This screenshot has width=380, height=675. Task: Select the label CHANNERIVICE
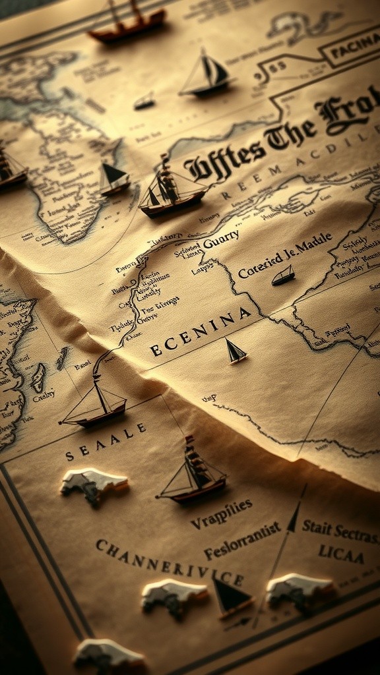168,562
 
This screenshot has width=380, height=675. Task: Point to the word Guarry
221,242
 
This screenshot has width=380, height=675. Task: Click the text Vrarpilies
222,514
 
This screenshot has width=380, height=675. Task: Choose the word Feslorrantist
241,542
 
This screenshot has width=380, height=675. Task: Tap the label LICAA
341,553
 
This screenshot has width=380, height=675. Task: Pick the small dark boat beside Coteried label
283,276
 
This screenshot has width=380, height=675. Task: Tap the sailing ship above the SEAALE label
94,403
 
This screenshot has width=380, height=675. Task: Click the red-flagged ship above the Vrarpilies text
192,473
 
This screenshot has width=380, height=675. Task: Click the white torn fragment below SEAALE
94,485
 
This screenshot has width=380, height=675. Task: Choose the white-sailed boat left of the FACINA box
206,74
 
